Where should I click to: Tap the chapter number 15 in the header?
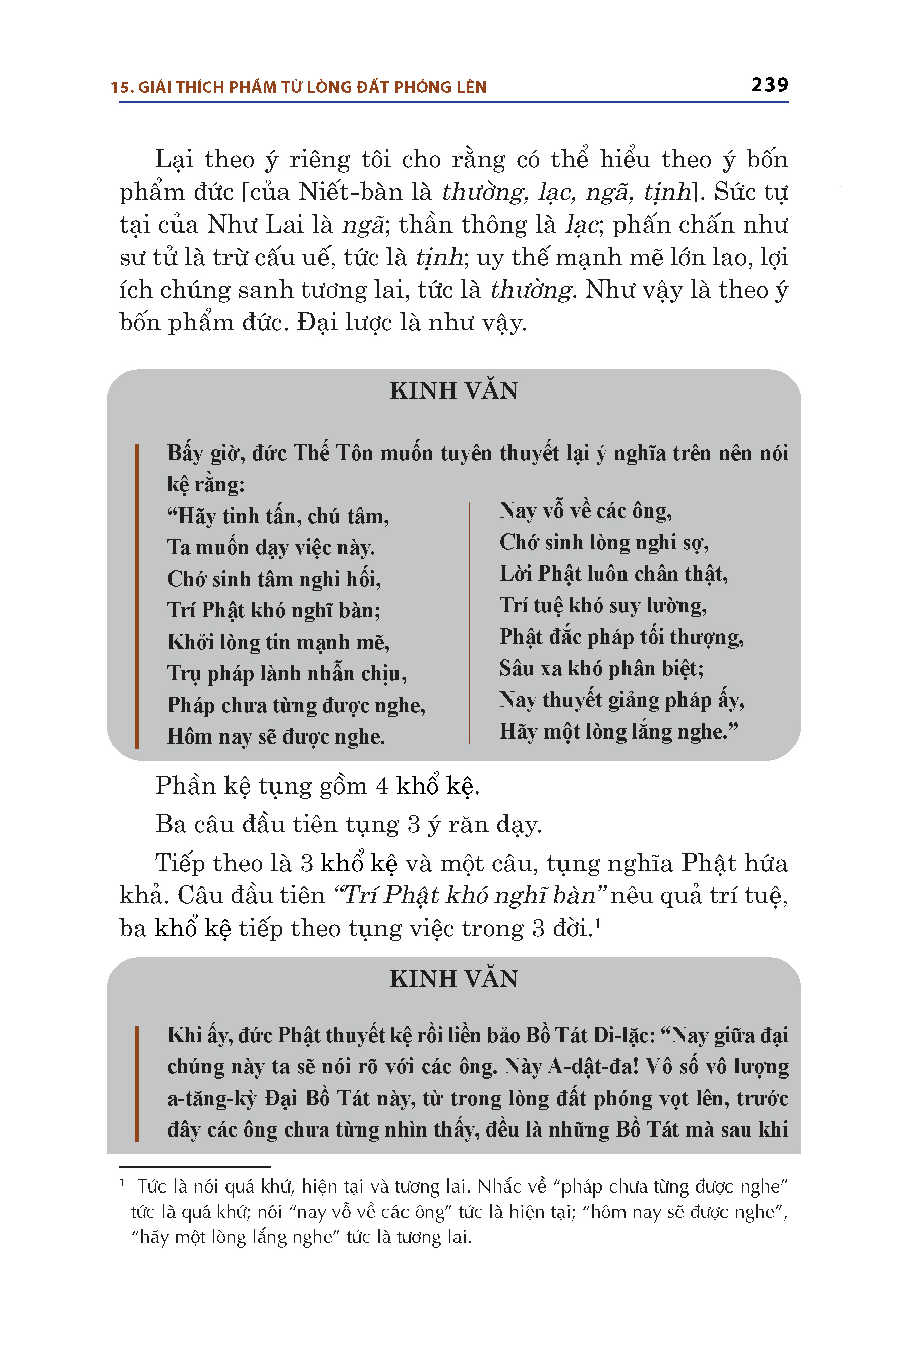pos(121,87)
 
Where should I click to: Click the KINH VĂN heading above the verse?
pos(453,391)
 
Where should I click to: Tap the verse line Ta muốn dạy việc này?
pos(271,548)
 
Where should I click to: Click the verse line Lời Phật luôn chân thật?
pos(613,574)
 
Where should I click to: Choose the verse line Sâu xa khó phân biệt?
pos(601,669)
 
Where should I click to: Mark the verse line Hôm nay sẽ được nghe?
pos(275,737)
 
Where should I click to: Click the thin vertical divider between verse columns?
pos(469,622)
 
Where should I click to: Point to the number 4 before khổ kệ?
pos(382,786)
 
